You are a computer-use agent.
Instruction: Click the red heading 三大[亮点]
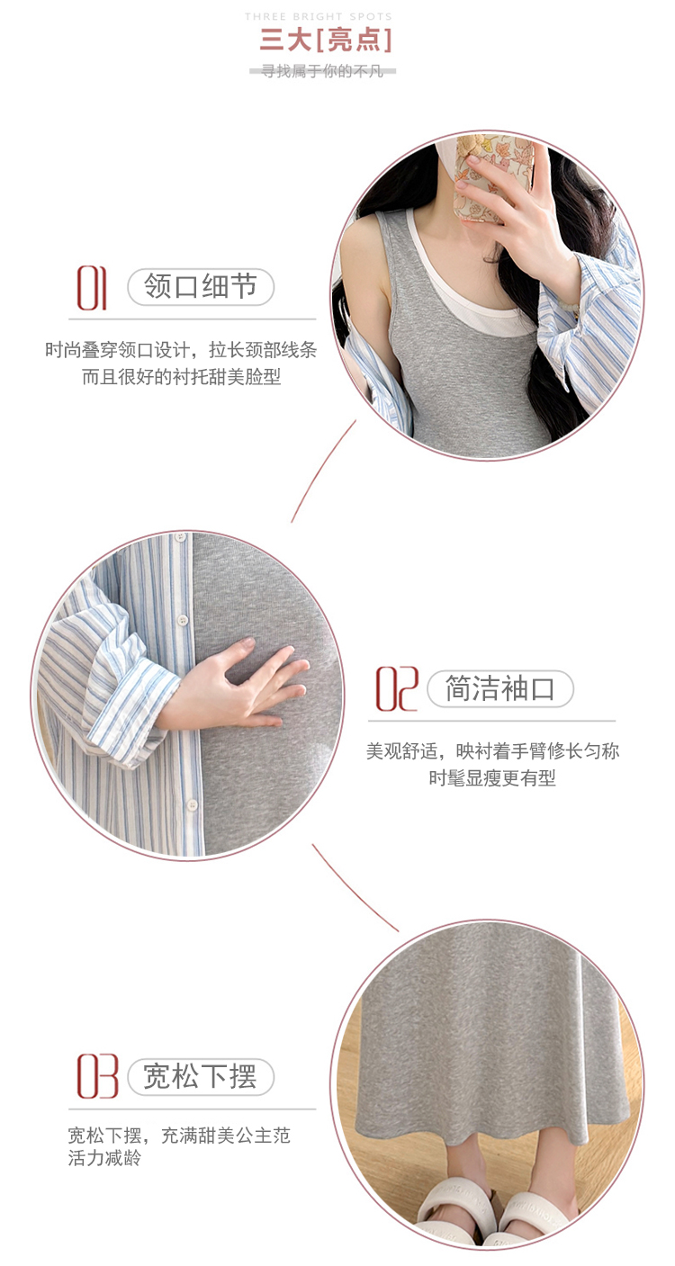coord(326,40)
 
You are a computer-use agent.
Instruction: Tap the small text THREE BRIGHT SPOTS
coord(319,16)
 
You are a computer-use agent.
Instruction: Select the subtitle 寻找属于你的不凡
coord(322,71)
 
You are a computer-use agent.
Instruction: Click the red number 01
coord(92,288)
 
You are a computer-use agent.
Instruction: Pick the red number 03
coord(98,1076)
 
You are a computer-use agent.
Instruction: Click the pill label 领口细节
coord(201,286)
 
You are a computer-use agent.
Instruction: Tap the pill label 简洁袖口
coord(500,688)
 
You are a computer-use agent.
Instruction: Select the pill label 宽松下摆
coord(201,1077)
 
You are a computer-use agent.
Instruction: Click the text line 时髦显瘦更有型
coord(492,778)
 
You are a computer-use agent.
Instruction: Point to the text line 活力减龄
coord(104,1158)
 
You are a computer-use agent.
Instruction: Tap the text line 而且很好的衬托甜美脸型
coord(182,377)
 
